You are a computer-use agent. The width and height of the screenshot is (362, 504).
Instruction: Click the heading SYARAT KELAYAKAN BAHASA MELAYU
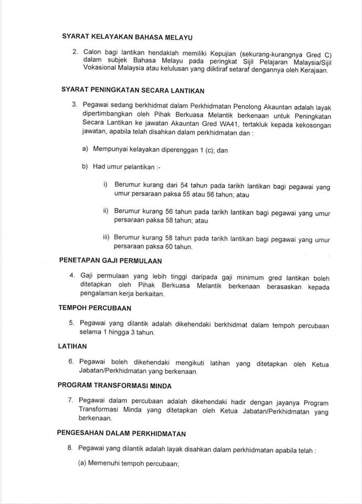pyautogui.click(x=127, y=37)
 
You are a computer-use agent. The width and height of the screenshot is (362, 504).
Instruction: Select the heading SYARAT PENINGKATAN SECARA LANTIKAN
pyautogui.click(x=133, y=90)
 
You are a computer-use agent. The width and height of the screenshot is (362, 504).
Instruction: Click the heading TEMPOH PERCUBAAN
pyautogui.click(x=95, y=308)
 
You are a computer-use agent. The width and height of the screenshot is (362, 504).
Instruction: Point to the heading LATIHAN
pyautogui.click(x=72, y=346)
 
